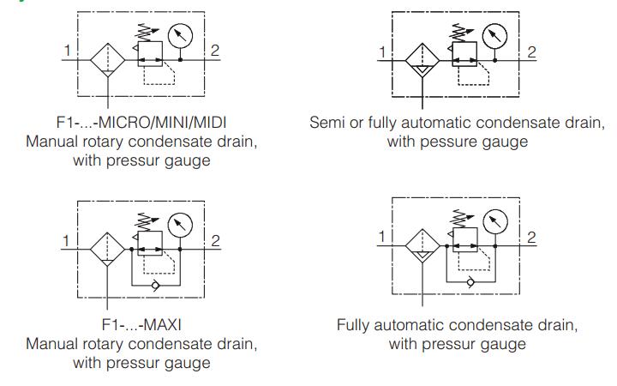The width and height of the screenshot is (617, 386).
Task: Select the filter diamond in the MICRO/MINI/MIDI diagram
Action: [108, 61]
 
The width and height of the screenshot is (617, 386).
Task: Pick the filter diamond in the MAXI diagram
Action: [108, 249]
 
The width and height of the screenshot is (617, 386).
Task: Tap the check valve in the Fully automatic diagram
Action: [469, 280]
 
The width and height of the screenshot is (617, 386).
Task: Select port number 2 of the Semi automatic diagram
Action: [531, 51]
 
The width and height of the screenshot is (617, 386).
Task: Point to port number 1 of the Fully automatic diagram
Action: [383, 236]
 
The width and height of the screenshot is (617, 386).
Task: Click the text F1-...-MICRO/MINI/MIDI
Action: [141, 123]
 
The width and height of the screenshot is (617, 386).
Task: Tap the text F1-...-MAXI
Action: [141, 327]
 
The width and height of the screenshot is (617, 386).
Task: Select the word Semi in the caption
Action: [325, 123]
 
